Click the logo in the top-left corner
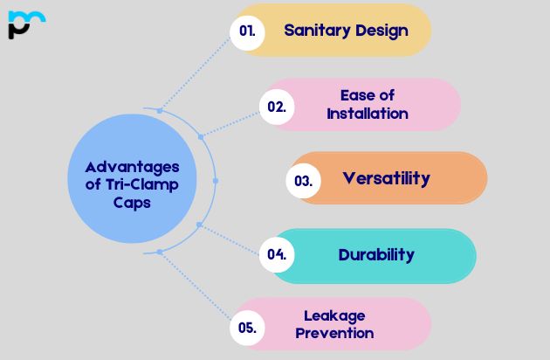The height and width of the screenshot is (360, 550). tap(25, 24)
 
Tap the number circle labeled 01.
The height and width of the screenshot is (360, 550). tap(248, 31)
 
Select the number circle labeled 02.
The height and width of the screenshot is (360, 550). tap(277, 107)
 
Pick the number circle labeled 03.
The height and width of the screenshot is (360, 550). tap(304, 181)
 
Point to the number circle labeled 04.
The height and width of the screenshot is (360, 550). tap(277, 255)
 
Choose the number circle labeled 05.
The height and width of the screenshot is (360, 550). tap(247, 328)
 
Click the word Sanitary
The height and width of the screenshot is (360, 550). tap(314, 31)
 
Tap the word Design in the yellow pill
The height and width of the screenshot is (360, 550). tap(379, 31)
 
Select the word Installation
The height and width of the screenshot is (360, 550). tap(367, 114)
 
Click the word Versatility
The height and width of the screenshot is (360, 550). tap(386, 178)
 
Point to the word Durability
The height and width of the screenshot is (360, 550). tap(376, 255)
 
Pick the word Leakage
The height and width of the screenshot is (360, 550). tap(333, 315)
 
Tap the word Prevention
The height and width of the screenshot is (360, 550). tap(334, 333)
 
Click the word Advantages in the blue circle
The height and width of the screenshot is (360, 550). tap(132, 167)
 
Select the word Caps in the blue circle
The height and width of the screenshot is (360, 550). tap(132, 203)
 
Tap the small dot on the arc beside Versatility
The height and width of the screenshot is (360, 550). tap(215, 181)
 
